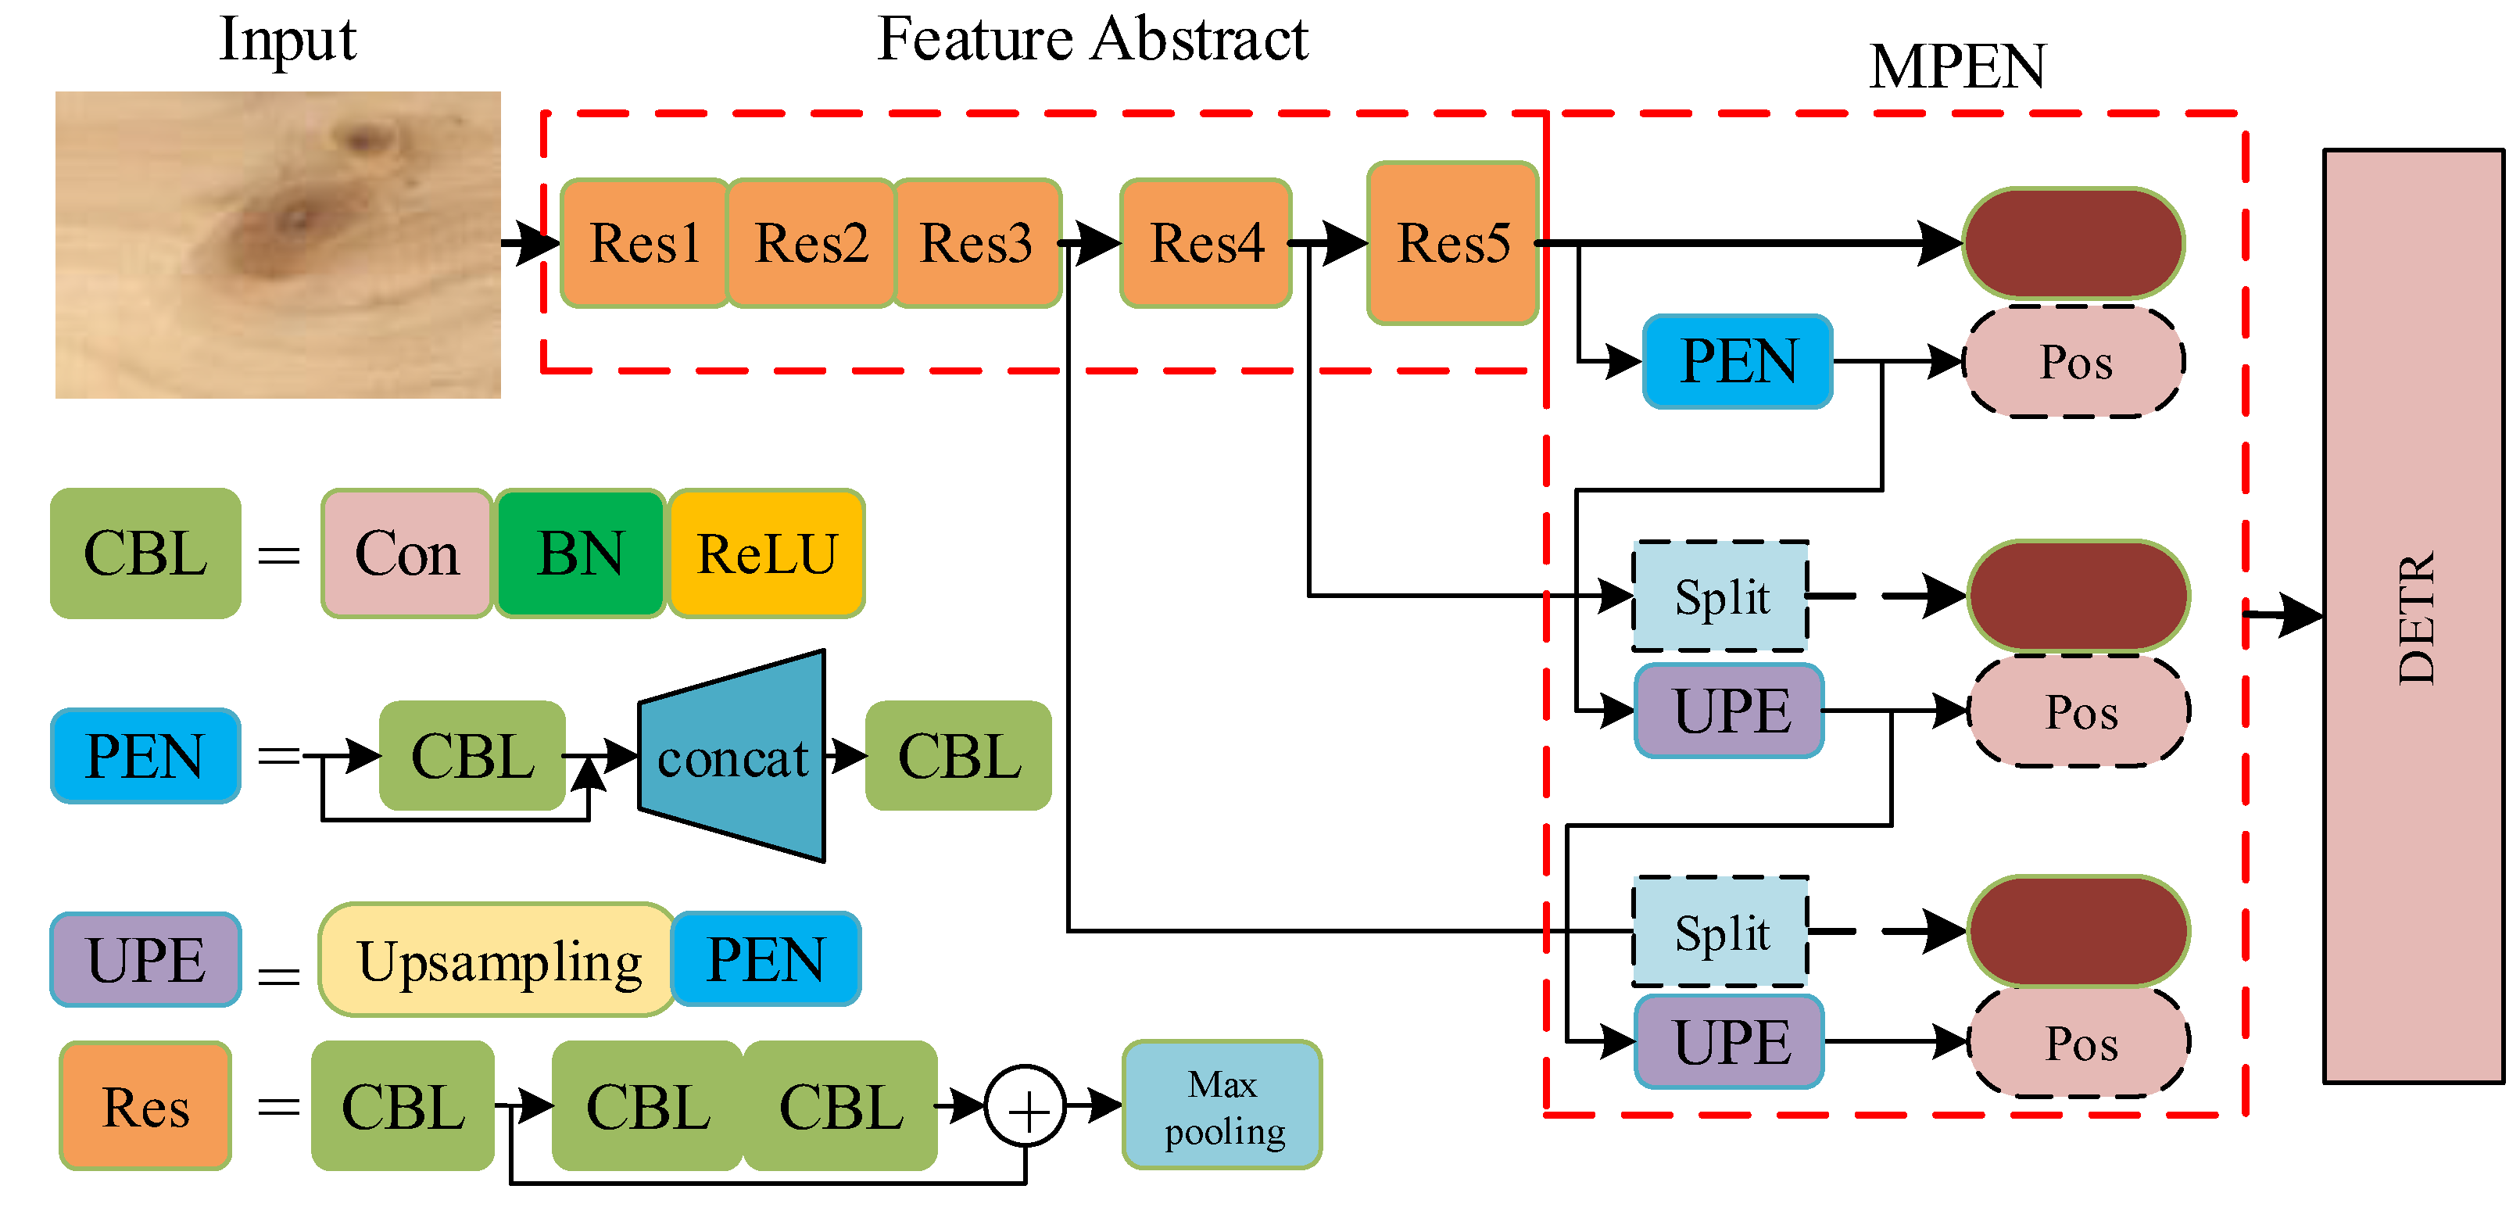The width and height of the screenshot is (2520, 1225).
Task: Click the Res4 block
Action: (1205, 242)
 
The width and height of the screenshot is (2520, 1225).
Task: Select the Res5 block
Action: (1453, 242)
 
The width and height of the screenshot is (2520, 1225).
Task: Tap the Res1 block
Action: (645, 242)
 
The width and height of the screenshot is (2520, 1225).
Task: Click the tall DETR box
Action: (2414, 617)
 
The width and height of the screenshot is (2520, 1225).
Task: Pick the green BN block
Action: (580, 553)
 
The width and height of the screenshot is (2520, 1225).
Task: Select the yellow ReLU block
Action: (766, 553)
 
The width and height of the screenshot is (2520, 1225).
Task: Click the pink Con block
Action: (406, 553)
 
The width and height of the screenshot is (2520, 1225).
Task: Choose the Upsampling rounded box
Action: (498, 960)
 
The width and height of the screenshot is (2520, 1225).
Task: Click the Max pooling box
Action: (1222, 1105)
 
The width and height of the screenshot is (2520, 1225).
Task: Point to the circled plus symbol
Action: (1026, 1107)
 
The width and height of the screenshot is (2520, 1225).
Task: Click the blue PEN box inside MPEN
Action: (1738, 361)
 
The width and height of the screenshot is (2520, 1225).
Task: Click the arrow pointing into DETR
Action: (2284, 614)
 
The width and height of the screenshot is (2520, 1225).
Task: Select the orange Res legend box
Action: (145, 1105)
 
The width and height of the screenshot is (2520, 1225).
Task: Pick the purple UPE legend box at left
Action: (145, 960)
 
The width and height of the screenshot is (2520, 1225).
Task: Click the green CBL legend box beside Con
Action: (145, 553)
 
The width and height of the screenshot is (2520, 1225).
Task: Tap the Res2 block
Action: (811, 242)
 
